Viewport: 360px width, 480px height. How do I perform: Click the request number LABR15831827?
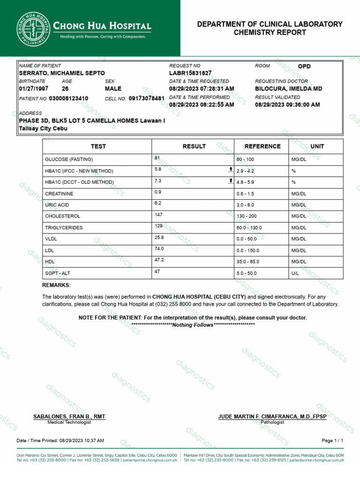click(190, 74)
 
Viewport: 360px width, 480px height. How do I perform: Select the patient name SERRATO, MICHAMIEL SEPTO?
click(62, 74)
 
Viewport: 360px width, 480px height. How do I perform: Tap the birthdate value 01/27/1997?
click(33, 89)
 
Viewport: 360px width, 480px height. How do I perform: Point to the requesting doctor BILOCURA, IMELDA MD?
click(288, 89)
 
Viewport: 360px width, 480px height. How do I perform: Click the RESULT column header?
click(194, 146)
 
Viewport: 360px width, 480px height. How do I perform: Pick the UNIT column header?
click(317, 146)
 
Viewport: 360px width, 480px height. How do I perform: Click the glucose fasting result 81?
click(157, 158)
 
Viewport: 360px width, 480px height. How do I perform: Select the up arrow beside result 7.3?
click(231, 180)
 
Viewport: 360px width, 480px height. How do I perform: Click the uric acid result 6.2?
click(158, 203)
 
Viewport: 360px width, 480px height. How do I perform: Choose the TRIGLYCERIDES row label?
click(64, 228)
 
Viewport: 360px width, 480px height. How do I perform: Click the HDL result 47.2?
click(159, 259)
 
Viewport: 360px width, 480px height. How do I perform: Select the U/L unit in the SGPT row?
click(295, 273)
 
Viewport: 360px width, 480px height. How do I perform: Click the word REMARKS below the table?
click(56, 285)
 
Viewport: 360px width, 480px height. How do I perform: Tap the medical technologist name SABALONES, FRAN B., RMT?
click(69, 417)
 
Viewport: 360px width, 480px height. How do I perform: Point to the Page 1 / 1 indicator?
click(332, 441)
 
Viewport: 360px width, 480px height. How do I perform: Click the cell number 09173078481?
click(146, 99)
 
